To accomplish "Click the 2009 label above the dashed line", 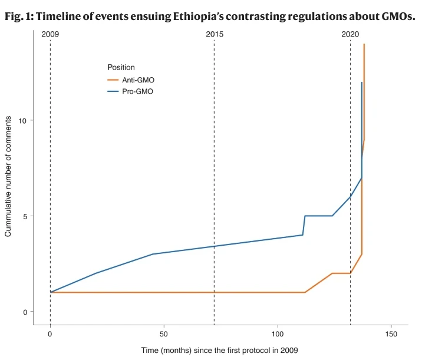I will tap(50, 34).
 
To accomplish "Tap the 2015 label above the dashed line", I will tap(215, 34).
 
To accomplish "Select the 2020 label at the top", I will tap(350, 34).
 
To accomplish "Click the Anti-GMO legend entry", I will tap(138, 80).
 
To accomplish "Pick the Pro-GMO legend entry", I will tap(137, 91).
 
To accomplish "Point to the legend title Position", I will tap(121, 67).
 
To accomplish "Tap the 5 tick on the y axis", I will tap(24, 216).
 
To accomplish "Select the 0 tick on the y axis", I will tap(24, 312).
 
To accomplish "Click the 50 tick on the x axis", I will tap(164, 333).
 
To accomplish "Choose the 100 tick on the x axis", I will tap(278, 333).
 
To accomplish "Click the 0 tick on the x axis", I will tap(50, 333).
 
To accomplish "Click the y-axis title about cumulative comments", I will tap(8, 176).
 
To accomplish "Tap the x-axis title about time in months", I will tap(219, 350).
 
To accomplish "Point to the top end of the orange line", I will tap(364, 44).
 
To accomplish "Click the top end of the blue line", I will tap(361, 82).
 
